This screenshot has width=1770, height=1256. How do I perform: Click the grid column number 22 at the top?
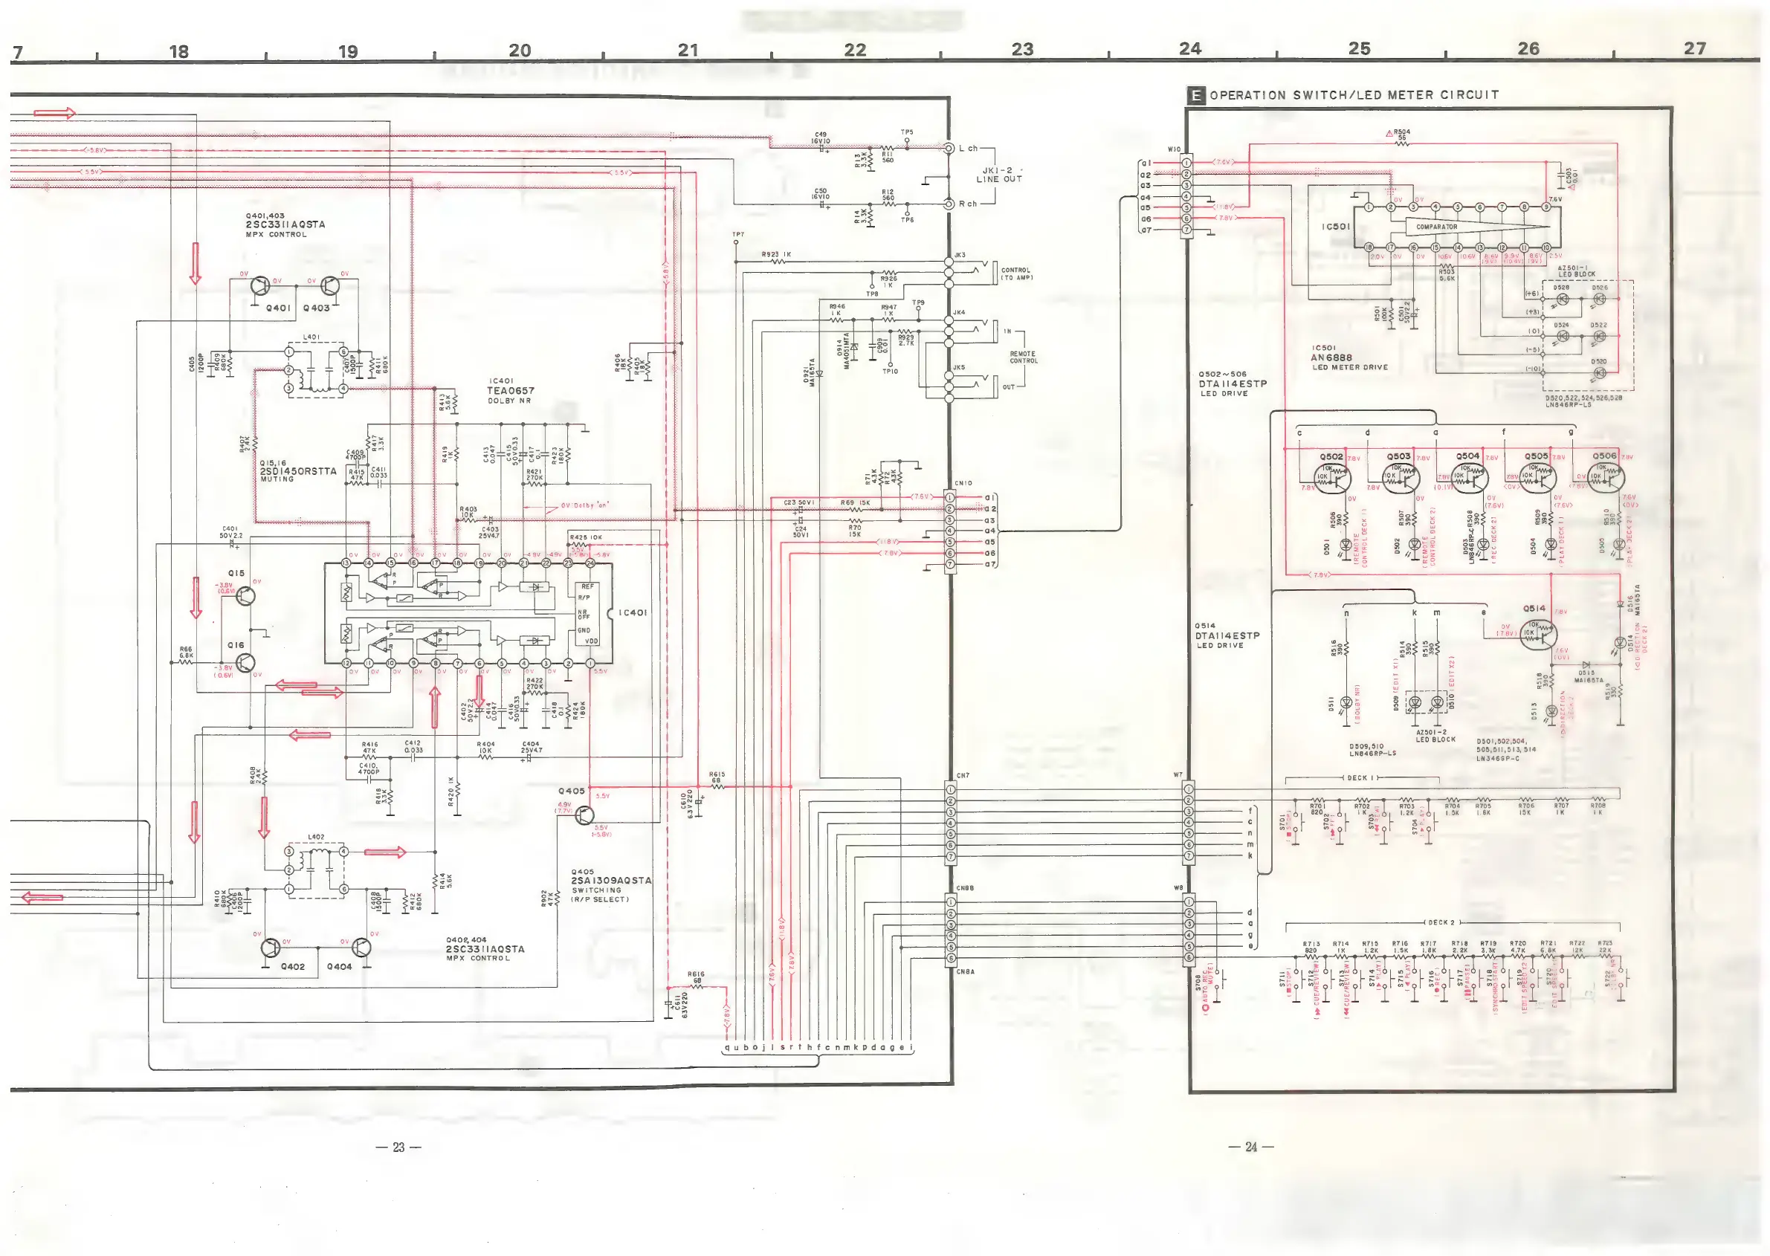pos(855,51)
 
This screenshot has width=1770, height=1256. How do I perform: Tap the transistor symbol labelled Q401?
pos(260,285)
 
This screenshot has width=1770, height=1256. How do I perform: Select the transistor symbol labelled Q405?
pos(585,815)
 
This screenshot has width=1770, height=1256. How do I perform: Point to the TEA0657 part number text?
pos(510,391)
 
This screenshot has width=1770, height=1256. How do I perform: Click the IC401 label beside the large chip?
pos(633,612)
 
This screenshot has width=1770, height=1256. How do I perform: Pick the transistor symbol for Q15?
pos(245,596)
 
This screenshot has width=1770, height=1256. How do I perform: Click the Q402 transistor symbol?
pos(271,948)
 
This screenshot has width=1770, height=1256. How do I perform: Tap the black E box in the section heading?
pos(1196,95)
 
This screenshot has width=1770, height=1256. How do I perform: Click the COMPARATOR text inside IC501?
pos(1436,227)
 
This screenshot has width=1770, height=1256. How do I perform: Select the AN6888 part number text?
pos(1331,357)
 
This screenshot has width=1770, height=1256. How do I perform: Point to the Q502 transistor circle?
pos(1334,479)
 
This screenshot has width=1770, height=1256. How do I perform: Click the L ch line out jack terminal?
pos(949,148)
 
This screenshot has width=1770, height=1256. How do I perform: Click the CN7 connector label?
pos(963,775)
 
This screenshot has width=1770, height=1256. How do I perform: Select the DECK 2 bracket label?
pos(1441,922)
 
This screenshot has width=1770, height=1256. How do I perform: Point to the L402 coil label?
pos(316,837)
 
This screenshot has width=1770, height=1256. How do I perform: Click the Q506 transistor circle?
pos(1606,479)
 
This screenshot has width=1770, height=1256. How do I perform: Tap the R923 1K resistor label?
pos(776,253)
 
